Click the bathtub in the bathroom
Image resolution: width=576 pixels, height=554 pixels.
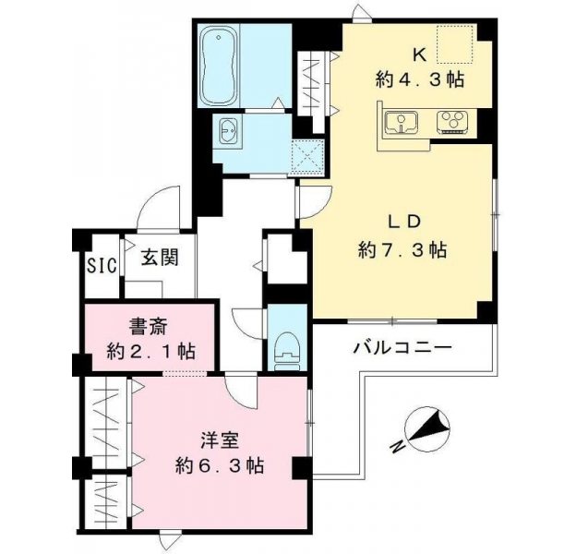pyautogui.click(x=218, y=66)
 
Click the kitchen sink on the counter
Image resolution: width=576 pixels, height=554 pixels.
pyautogui.click(x=402, y=123)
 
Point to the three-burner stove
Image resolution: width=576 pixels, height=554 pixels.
pyautogui.click(x=452, y=122)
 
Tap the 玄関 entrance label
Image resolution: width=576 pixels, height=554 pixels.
pyautogui.click(x=161, y=258)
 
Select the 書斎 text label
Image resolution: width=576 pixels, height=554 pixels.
pyautogui.click(x=149, y=326)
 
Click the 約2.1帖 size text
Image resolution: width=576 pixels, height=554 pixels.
pyautogui.click(x=151, y=352)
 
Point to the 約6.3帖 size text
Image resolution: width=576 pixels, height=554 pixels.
pyautogui.click(x=220, y=466)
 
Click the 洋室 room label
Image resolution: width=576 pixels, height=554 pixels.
pyautogui.click(x=220, y=440)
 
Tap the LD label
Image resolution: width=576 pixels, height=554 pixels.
pyautogui.click(x=403, y=222)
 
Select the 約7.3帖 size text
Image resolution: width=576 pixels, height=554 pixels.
pyautogui.click(x=402, y=250)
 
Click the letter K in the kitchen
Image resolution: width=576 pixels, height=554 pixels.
pyautogui.click(x=420, y=55)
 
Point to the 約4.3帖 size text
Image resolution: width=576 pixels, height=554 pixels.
pyautogui.click(x=420, y=79)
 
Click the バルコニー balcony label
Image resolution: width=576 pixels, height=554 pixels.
pyautogui.click(x=402, y=348)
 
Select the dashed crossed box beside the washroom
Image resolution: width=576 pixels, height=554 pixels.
pyautogui.click(x=307, y=158)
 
